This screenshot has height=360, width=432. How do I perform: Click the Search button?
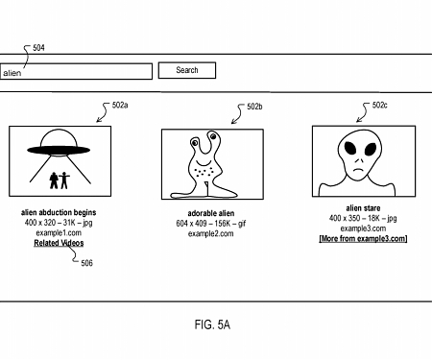(187, 70)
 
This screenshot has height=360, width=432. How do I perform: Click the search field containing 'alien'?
(76, 71)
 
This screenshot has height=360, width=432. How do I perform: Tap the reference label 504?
(39, 48)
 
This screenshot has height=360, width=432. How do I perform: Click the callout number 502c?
(380, 106)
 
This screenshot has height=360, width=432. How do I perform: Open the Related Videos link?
(59, 243)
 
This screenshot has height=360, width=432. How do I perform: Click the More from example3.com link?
(363, 238)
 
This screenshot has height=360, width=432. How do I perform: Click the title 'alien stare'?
(363, 208)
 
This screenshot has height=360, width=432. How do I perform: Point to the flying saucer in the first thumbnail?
(59, 148)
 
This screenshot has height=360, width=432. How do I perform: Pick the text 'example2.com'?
(212, 233)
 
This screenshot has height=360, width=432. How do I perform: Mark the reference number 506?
(87, 263)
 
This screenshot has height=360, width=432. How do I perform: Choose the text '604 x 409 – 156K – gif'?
(212, 223)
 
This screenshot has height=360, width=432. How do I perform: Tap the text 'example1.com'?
(59, 232)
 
